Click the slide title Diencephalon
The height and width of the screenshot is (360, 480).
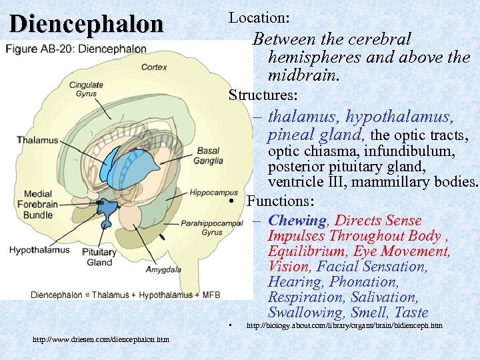pyautogui.click(x=86, y=24)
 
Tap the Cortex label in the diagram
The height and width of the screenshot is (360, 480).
pyautogui.click(x=153, y=67)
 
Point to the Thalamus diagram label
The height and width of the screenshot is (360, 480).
pyautogui.click(x=37, y=140)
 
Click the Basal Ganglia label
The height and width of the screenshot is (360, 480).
pyautogui.click(x=207, y=155)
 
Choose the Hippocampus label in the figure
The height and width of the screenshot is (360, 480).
pyautogui.click(x=213, y=193)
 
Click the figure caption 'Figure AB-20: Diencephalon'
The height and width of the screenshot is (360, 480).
pyautogui.click(x=77, y=49)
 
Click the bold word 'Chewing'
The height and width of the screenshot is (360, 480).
pyautogui.click(x=297, y=220)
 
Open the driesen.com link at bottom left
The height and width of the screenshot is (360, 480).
pyautogui.click(x=101, y=340)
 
